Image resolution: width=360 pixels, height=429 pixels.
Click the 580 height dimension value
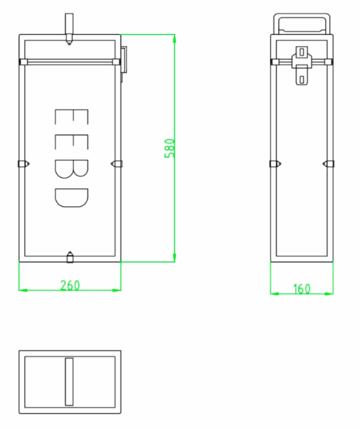(171, 148)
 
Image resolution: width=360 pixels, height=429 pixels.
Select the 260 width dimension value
(70, 285)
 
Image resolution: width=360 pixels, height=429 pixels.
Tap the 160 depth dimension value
(302, 289)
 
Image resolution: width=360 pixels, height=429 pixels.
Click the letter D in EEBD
(70, 197)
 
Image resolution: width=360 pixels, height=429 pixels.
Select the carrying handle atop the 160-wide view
(302, 23)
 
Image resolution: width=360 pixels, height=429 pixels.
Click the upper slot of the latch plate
(302, 52)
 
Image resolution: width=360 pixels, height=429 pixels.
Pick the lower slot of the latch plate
(302, 79)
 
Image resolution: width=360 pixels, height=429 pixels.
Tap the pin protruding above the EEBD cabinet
(70, 28)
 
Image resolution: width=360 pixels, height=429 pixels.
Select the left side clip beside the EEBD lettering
(23, 164)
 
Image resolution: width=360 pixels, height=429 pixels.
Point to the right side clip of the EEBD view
(117, 164)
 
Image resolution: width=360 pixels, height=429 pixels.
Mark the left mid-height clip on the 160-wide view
(275, 164)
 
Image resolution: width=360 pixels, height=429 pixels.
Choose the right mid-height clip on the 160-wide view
(329, 164)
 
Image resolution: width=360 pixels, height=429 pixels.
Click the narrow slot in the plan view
(69, 381)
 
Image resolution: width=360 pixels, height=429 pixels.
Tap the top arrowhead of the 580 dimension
(174, 38)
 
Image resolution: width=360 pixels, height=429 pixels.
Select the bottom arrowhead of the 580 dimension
(174, 258)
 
